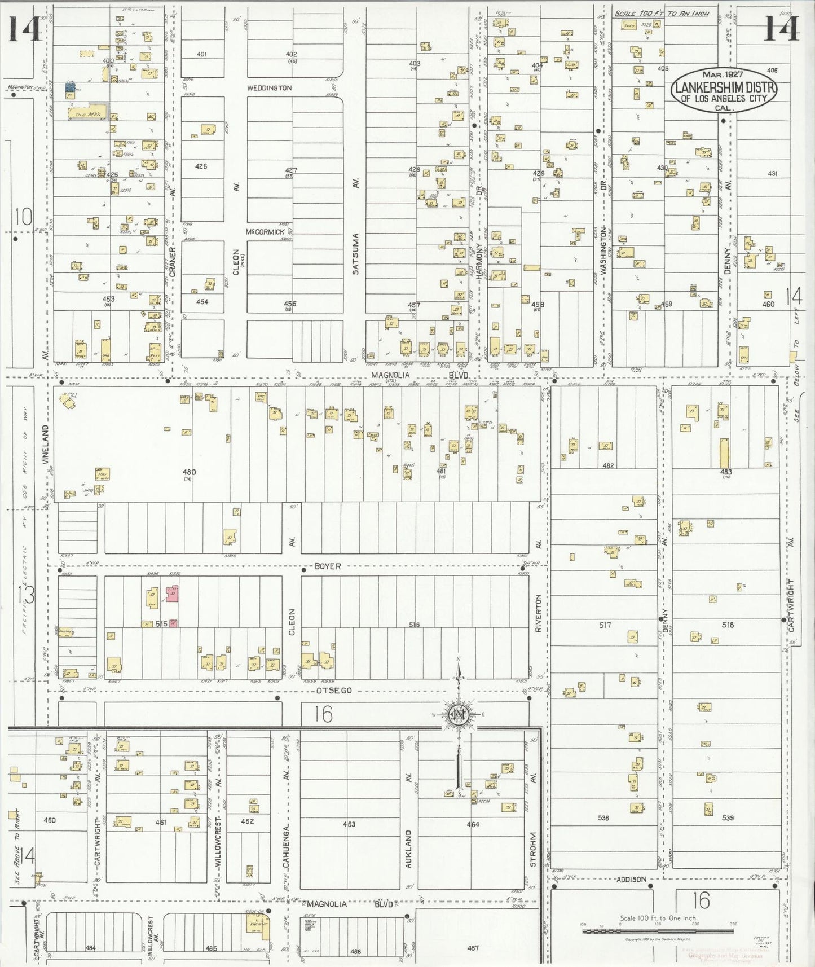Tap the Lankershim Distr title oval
coord(724,90)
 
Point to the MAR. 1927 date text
coord(723,74)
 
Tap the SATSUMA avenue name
coord(355,254)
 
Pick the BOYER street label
coord(328,566)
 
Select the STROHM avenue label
coord(533,850)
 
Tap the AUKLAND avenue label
coord(408,849)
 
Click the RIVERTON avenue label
coord(539,613)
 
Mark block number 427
coord(291,170)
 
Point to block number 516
coord(415,625)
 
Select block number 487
coord(473,948)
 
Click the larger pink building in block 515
coord(173,594)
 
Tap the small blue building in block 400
coord(71,87)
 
